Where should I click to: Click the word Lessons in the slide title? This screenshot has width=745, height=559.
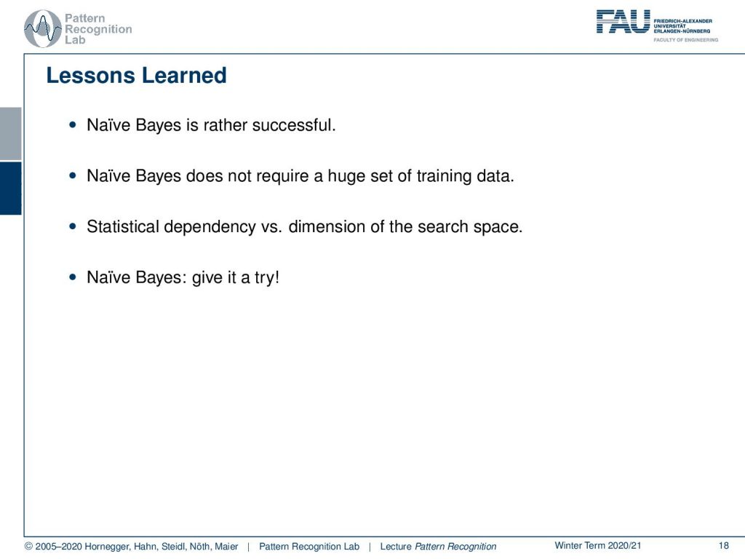tap(90, 76)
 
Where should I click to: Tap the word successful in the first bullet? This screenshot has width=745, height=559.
tap(294, 125)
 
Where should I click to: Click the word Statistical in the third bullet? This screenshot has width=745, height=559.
tap(122, 227)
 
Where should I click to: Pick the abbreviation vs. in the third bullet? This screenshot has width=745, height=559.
tap(271, 227)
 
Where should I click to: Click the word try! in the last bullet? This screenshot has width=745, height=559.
tap(266, 277)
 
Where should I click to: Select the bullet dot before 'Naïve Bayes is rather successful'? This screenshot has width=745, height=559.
tap(73, 125)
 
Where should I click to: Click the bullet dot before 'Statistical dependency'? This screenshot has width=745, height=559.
tap(73, 227)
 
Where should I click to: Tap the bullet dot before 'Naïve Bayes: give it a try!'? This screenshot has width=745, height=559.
tap(73, 277)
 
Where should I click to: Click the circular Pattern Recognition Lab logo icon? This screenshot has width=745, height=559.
tap(43, 28)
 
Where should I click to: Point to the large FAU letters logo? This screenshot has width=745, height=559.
tap(623, 21)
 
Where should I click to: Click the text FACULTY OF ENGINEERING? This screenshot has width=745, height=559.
tap(685, 40)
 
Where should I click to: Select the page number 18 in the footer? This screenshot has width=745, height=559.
tap(724, 546)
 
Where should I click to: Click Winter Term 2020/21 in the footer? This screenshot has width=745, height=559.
tap(598, 546)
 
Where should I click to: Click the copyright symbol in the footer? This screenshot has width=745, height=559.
tap(28, 547)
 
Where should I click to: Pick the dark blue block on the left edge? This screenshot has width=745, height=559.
tap(10, 189)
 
